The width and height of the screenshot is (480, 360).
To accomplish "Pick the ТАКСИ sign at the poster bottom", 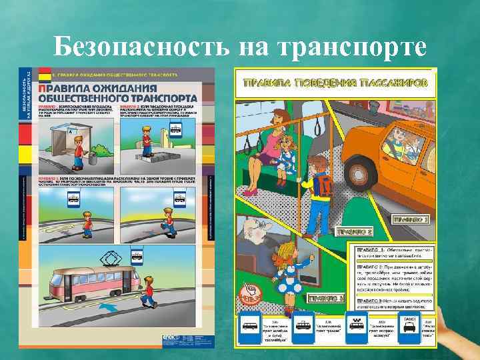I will pyautogui.click(x=410, y=327).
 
